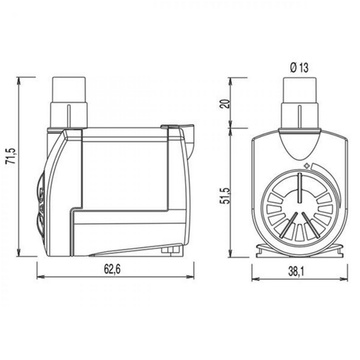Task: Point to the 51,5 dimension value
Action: (x=223, y=194)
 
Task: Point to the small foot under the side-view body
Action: (x=169, y=250)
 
